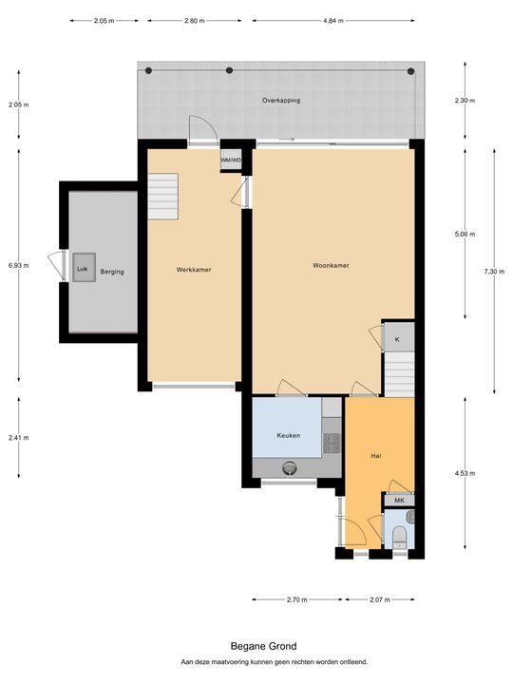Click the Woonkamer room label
click(x=331, y=265)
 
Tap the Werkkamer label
click(x=194, y=270)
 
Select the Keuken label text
click(x=289, y=435)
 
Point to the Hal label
click(x=376, y=456)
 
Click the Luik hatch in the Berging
click(x=85, y=267)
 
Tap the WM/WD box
click(x=231, y=161)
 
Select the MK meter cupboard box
click(x=399, y=501)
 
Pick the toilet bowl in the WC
click(x=399, y=537)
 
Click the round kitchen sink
click(x=289, y=467)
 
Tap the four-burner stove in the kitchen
click(x=332, y=443)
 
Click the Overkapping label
click(x=281, y=101)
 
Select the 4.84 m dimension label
click(x=333, y=21)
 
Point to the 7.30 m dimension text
click(x=494, y=272)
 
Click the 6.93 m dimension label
click(x=19, y=265)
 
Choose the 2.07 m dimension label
click(x=380, y=599)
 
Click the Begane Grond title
click(x=263, y=646)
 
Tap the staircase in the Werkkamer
click(x=162, y=197)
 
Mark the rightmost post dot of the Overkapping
click(x=410, y=71)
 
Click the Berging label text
click(x=112, y=272)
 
